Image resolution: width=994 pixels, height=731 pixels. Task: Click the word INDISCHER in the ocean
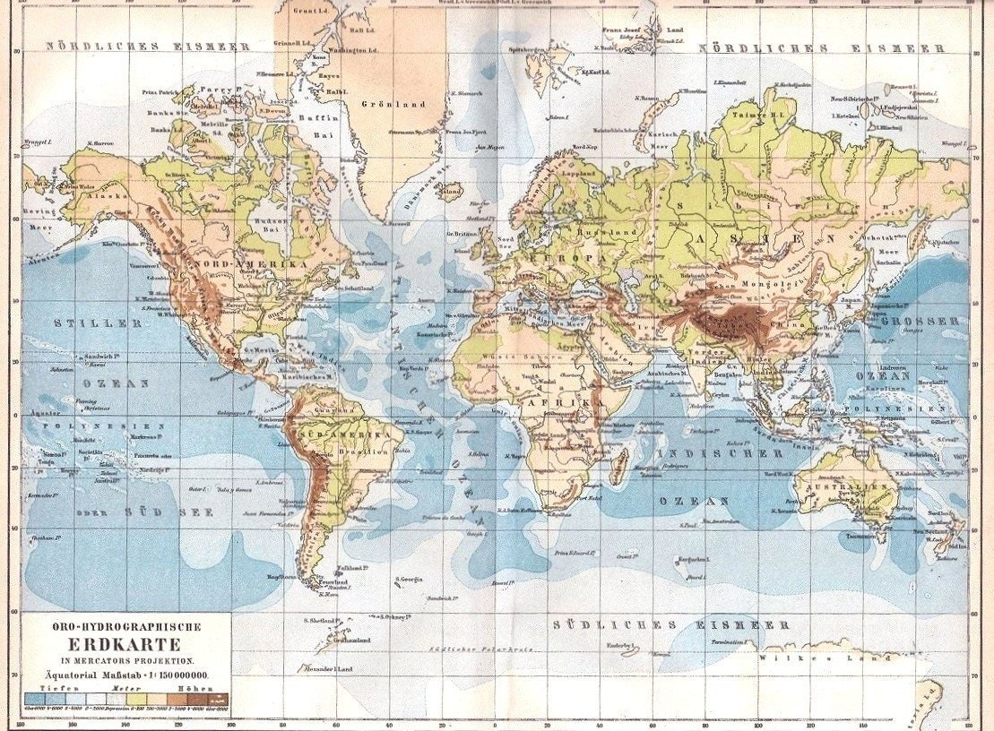(709, 453)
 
